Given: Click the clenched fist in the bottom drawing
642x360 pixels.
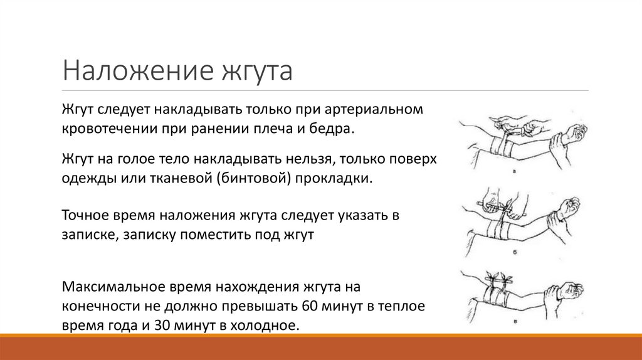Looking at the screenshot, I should [x=572, y=290].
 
